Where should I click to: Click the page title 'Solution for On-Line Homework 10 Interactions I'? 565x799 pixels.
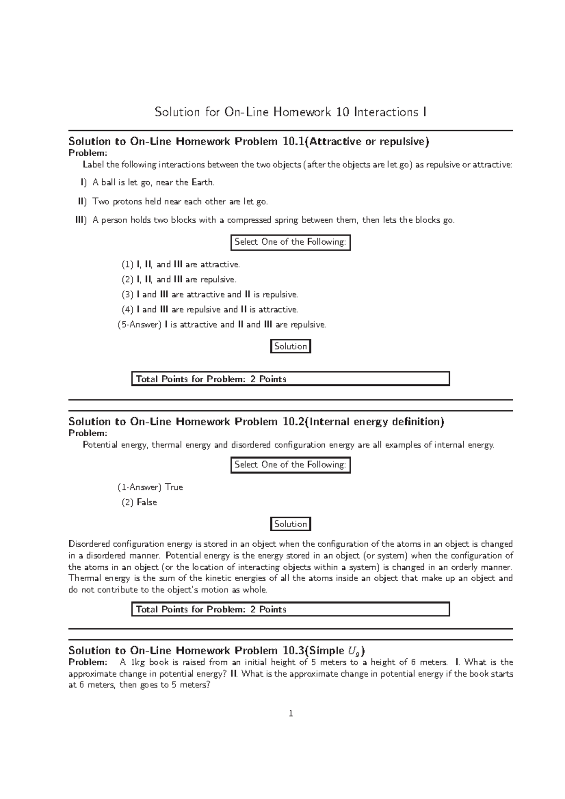[291, 112]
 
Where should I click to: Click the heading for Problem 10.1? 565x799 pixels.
[249, 142]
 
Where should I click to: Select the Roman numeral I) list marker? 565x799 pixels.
[83, 182]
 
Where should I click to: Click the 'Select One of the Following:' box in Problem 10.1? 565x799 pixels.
[291, 242]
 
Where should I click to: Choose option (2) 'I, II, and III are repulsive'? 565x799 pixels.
[179, 280]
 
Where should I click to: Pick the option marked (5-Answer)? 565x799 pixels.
[221, 325]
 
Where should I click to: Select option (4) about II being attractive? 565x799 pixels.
[210, 310]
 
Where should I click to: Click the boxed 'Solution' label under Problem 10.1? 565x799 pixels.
[291, 346]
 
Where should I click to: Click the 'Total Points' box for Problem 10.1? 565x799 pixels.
[290, 379]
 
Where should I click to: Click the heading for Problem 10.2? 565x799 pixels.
[256, 422]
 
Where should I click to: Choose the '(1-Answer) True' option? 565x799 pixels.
[150, 487]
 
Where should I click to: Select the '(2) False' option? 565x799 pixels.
[139, 502]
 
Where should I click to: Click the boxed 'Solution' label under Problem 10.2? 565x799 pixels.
[291, 524]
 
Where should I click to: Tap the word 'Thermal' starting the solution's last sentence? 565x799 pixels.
[84, 578]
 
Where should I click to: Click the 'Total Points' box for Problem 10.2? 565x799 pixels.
[290, 609]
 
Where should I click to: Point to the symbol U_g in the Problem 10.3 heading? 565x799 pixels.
[353, 651]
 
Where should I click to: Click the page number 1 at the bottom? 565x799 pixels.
[291, 714]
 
